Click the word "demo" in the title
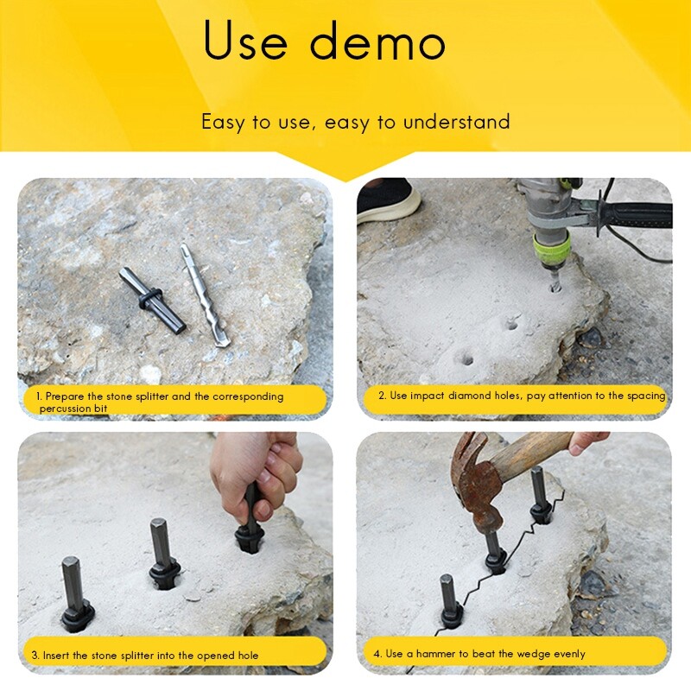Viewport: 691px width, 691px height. coord(374,42)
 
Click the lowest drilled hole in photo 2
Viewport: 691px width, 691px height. coord(465,357)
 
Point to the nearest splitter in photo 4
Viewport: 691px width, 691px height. coord(448,601)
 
